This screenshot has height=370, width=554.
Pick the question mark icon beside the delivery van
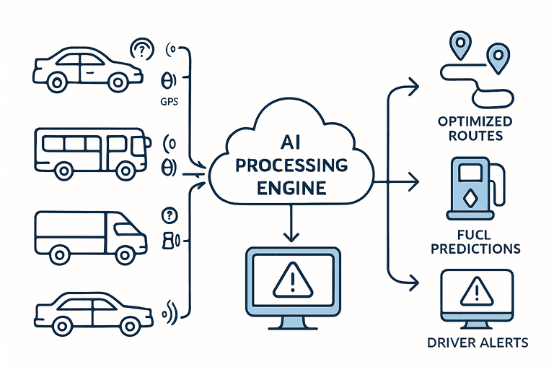[170, 215]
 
